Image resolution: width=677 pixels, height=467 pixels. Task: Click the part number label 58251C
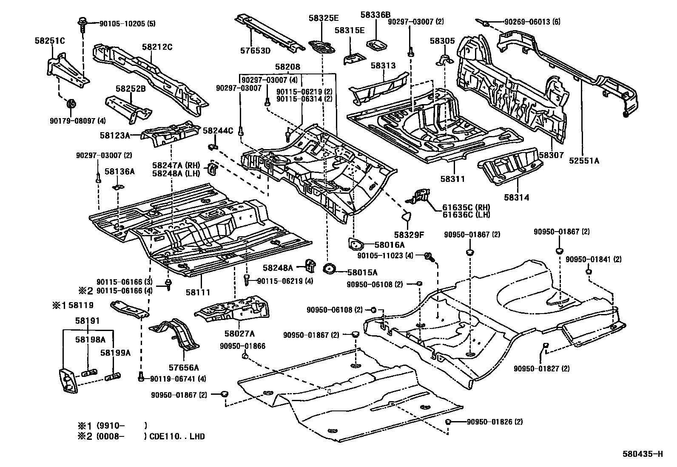[49, 41]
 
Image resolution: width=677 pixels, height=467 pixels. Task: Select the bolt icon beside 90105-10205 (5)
[81, 24]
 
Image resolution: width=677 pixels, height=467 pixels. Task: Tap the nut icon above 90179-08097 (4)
[71, 103]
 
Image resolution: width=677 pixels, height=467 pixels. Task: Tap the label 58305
[442, 41]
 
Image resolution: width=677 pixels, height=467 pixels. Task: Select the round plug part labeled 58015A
[329, 269]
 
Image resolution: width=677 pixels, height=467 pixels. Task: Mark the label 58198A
[90, 340]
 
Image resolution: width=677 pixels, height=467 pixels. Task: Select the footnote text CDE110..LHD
[177, 436]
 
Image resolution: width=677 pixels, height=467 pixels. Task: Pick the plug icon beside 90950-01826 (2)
[448, 422]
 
